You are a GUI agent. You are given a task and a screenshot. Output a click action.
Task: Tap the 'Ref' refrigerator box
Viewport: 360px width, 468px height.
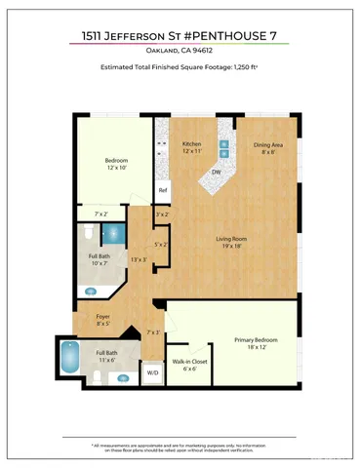163,189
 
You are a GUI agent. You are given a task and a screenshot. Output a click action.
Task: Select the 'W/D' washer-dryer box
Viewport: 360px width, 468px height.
153,371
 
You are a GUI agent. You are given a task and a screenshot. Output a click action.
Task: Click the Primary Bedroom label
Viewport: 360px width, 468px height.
256,340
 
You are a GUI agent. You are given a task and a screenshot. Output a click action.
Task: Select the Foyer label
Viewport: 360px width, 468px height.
102,317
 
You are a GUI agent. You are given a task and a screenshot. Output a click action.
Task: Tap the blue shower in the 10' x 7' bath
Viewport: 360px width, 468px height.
113,235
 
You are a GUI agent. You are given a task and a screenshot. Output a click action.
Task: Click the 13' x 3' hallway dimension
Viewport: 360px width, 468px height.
139,259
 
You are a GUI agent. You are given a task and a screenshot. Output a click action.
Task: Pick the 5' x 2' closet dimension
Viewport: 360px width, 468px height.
162,244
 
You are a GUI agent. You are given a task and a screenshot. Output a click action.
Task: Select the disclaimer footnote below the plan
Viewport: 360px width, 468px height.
180,447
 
